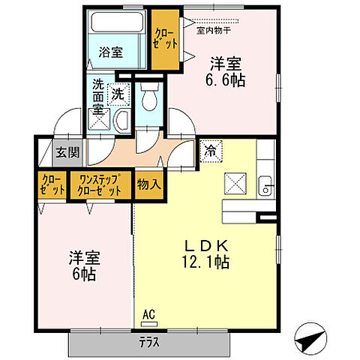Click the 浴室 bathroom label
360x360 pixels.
pyautogui.click(x=112, y=52)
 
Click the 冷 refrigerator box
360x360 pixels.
pyautogui.click(x=210, y=151)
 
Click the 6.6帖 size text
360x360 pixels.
pyautogui.click(x=226, y=79)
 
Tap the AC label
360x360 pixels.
pyautogui.click(x=150, y=315)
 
